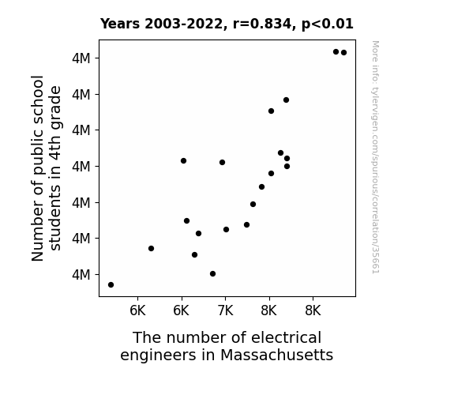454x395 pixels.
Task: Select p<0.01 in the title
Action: pyautogui.click(x=328, y=24)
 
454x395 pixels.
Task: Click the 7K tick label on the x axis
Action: pyautogui.click(x=225, y=310)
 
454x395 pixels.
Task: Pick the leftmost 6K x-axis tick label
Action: pyautogui.click(x=137, y=310)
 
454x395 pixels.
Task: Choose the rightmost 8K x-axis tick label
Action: pyautogui.click(x=313, y=310)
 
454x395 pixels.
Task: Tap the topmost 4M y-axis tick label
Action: pyautogui.click(x=81, y=58)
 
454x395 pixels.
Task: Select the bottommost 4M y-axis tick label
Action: pyautogui.click(x=81, y=274)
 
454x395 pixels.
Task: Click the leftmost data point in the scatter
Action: pyautogui.click(x=111, y=285)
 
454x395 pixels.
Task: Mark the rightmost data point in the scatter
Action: pyautogui.click(x=344, y=53)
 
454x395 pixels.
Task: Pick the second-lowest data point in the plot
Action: pyautogui.click(x=213, y=274)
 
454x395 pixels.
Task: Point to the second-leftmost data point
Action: pyautogui.click(x=151, y=248)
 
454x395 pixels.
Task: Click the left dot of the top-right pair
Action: pyautogui.click(x=336, y=52)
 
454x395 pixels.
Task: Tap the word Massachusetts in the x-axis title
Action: pyautogui.click(x=277, y=355)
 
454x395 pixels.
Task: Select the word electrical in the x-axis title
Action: pyautogui.click(x=287, y=337)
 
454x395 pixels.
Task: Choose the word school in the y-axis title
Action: pyautogui.click(x=38, y=96)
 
